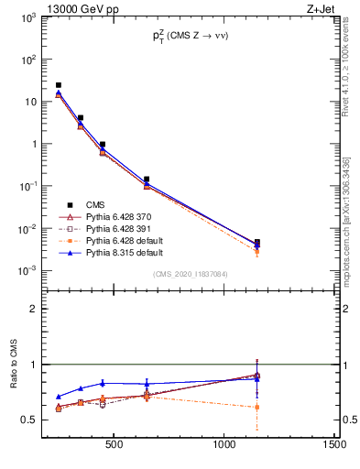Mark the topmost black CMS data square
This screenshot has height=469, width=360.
point(59,85)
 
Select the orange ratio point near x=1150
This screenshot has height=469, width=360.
point(257,407)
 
